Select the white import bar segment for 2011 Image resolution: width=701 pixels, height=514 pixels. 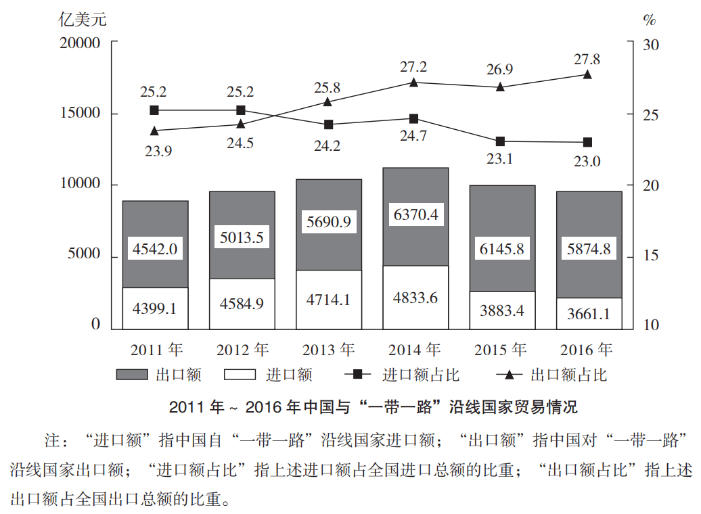[x=155, y=308]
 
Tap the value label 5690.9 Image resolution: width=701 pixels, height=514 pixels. [x=328, y=221]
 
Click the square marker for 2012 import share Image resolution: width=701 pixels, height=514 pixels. [x=241, y=110]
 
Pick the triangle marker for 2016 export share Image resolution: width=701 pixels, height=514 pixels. [x=587, y=74]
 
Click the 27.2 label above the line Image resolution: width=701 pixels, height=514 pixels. [x=413, y=67]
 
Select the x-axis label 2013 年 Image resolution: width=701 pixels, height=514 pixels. [x=328, y=350]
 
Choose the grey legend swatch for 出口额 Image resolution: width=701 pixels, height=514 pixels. [x=131, y=375]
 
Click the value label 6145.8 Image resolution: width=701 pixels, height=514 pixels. [x=502, y=249]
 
